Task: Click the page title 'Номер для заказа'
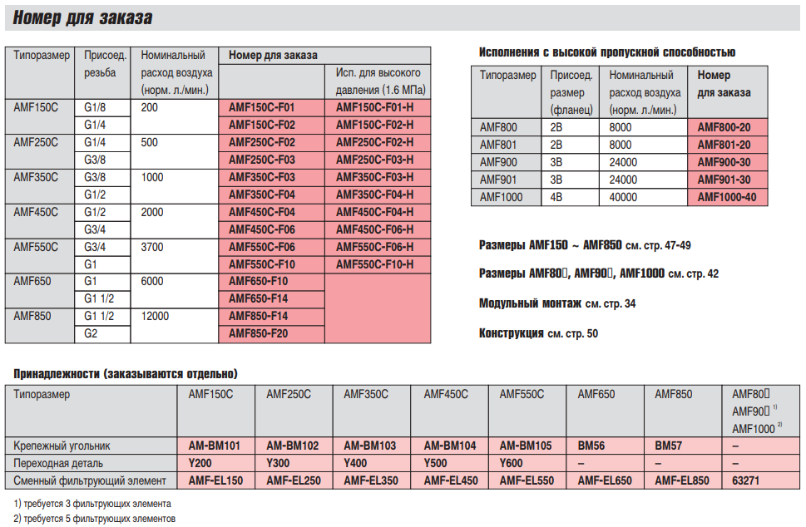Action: [x=82, y=18]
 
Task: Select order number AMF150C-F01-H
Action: [x=375, y=107]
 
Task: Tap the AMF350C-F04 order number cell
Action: [x=262, y=195]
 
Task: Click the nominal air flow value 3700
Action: [x=152, y=247]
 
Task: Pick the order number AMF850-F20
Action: [x=258, y=333]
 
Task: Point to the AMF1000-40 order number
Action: [x=727, y=197]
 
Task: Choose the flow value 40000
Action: [x=623, y=197]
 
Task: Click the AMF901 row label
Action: [x=498, y=180]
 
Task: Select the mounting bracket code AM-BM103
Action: [x=370, y=446]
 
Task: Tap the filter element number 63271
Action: [x=745, y=480]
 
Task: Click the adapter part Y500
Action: [x=435, y=463]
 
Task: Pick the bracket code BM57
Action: [x=668, y=446]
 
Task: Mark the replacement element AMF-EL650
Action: [x=605, y=480]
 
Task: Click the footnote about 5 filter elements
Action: [x=95, y=518]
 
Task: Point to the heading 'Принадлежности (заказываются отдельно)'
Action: [x=126, y=373]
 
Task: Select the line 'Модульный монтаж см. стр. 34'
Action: [x=557, y=303]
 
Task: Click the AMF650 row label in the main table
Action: [x=32, y=282]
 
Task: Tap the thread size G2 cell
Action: [x=91, y=333]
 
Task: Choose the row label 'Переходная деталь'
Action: [x=58, y=463]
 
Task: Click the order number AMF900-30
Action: [x=724, y=162]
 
